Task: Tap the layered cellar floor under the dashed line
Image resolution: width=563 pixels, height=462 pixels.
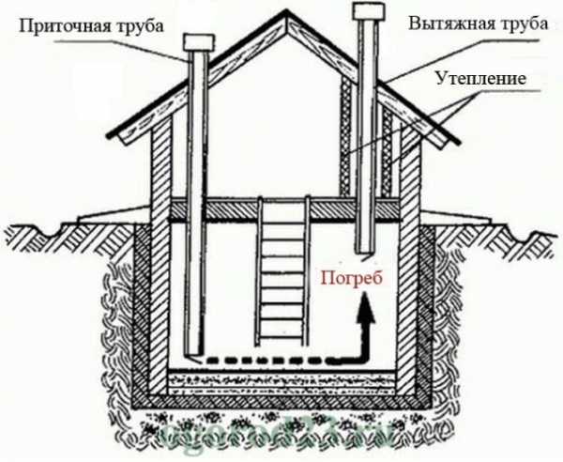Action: coord(281,381)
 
